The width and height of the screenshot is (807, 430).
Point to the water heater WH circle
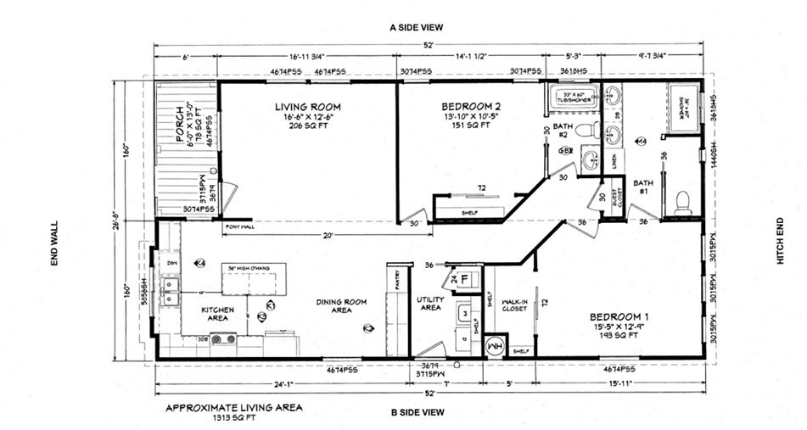[495, 347]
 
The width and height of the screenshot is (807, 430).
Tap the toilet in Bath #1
[682, 202]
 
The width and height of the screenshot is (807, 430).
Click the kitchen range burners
[223, 339]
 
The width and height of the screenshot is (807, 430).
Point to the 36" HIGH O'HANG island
[254, 279]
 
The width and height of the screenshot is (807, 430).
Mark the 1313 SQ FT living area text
[233, 418]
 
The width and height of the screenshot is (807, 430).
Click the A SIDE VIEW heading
[418, 27]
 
